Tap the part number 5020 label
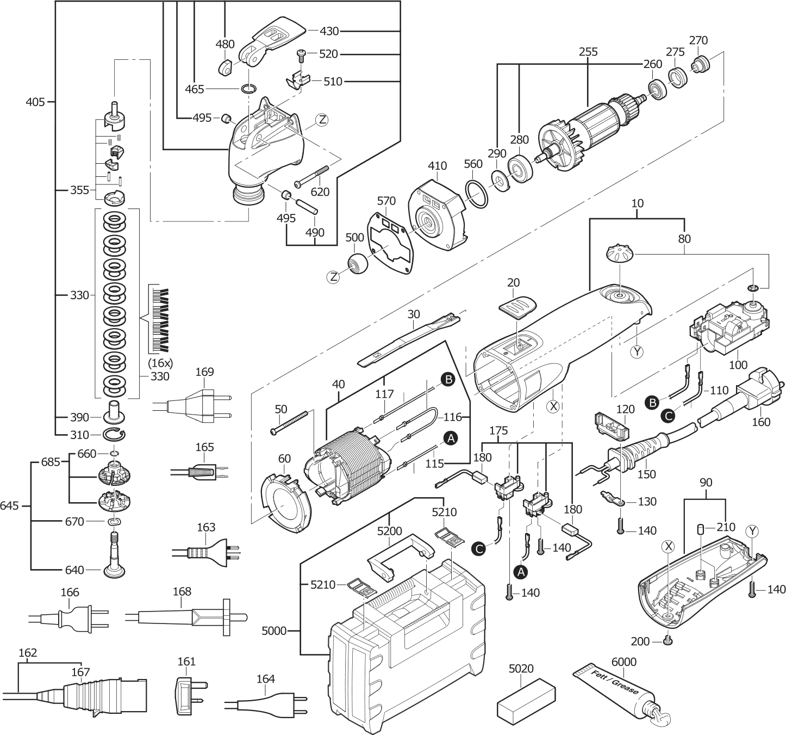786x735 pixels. tap(521, 668)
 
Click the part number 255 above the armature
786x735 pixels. tap(588, 52)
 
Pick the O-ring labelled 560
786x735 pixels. tap(477, 194)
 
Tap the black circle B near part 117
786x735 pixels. tap(447, 380)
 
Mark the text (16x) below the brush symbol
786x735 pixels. tap(160, 362)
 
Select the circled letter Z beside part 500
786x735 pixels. tap(333, 277)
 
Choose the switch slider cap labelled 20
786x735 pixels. tap(517, 305)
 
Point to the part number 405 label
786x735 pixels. tap(36, 101)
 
